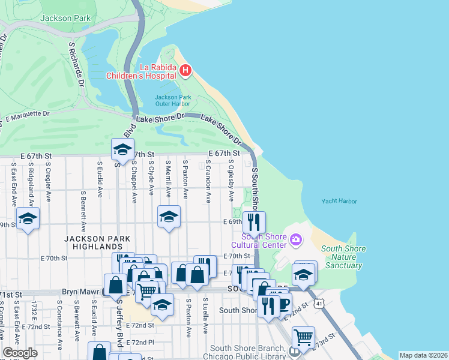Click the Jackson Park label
tap(65, 18)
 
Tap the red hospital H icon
tap(185, 71)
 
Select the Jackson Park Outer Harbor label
tap(173, 100)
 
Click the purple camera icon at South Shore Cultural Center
tap(295, 240)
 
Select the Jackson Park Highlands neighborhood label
tap(94, 243)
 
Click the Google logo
tap(20, 352)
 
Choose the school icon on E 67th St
tap(122, 149)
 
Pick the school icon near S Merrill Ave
tap(169, 217)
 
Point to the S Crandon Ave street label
tap(208, 181)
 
